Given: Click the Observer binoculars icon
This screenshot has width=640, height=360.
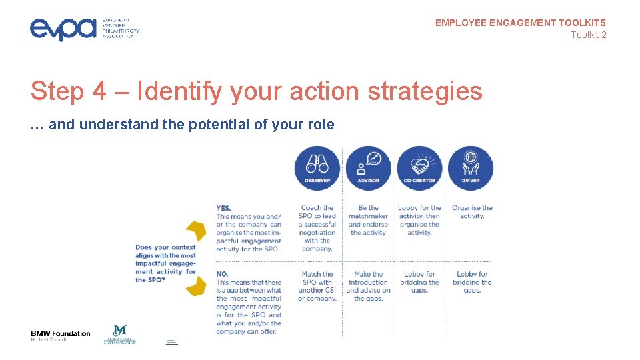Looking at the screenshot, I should [317, 167].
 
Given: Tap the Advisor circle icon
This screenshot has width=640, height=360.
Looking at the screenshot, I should [368, 167].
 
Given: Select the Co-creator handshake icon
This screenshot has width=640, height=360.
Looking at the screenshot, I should [419, 167].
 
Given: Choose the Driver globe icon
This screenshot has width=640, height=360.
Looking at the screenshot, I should [471, 167].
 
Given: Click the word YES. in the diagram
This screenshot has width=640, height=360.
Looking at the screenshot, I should [223, 208].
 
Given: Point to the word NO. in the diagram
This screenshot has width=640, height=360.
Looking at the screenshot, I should [223, 274].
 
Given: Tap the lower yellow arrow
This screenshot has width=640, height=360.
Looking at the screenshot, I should [196, 287].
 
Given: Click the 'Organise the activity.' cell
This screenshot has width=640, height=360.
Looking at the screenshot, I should [472, 212].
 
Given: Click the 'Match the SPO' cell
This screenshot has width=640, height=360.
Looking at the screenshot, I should [317, 286].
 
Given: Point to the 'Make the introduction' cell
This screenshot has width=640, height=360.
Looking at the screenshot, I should [368, 286].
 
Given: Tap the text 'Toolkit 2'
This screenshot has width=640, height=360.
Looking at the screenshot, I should [588, 35].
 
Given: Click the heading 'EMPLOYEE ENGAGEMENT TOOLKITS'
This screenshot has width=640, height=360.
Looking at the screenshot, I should [521, 23].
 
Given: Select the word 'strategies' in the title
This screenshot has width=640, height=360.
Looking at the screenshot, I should [425, 91].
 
